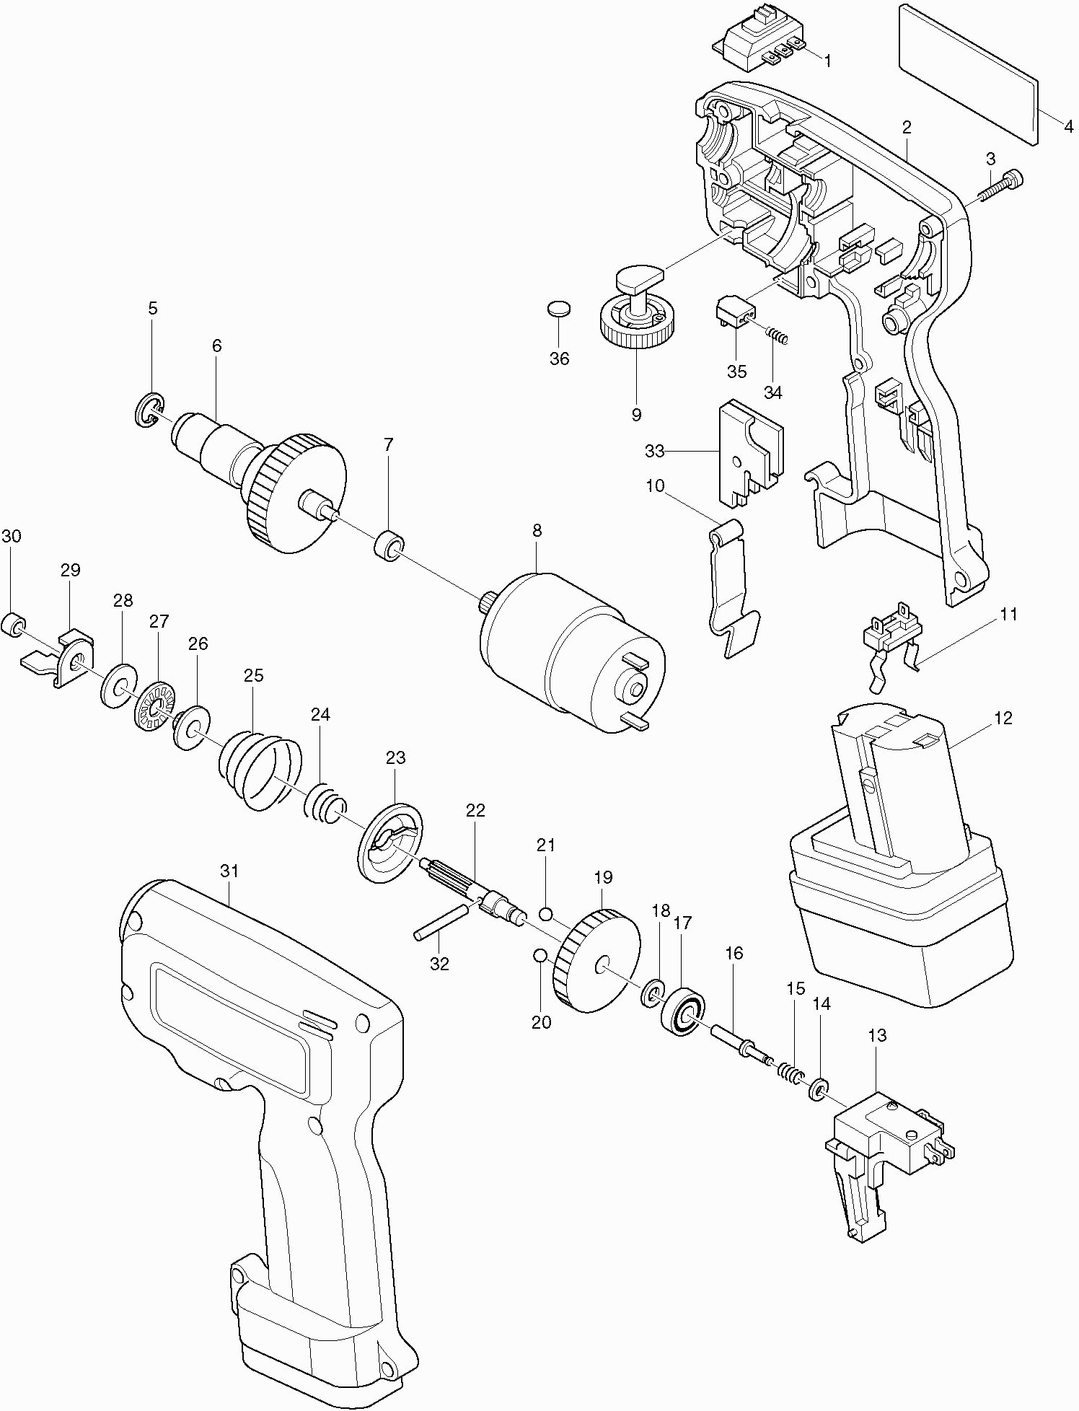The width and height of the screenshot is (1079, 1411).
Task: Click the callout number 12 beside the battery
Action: coord(1003,718)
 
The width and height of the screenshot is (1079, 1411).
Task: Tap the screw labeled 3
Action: coord(1002,186)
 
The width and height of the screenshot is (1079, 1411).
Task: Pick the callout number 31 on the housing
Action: coord(229,871)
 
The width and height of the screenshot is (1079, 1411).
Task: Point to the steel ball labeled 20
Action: coord(539,956)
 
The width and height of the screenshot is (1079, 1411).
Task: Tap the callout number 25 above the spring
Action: coord(253,676)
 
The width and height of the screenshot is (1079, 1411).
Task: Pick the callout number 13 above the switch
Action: coord(877,1035)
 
